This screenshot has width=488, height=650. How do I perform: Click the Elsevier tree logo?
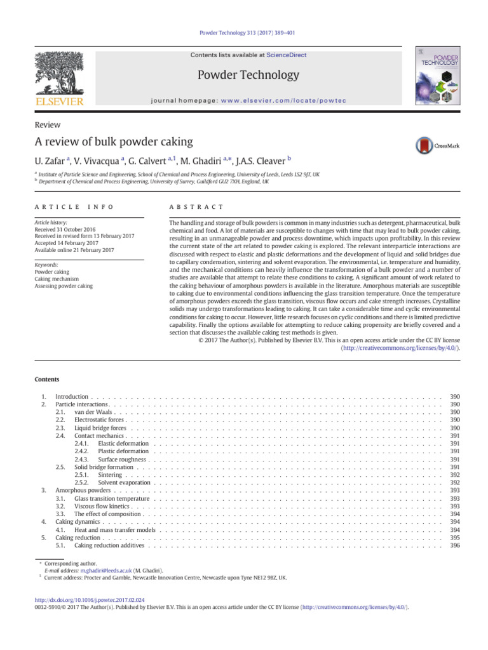(x=58, y=72)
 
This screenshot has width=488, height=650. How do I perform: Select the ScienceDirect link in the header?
(x=286, y=55)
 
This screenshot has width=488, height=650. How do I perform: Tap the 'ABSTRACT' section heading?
(x=196, y=207)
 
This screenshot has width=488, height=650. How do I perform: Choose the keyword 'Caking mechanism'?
(x=57, y=279)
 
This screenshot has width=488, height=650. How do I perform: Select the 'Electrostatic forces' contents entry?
(x=99, y=420)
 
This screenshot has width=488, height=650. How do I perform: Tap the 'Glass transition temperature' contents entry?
(x=112, y=498)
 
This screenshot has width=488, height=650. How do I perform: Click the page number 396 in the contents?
(x=454, y=545)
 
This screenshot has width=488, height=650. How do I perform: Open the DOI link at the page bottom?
(x=89, y=599)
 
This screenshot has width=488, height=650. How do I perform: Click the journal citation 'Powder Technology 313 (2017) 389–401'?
(x=244, y=32)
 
